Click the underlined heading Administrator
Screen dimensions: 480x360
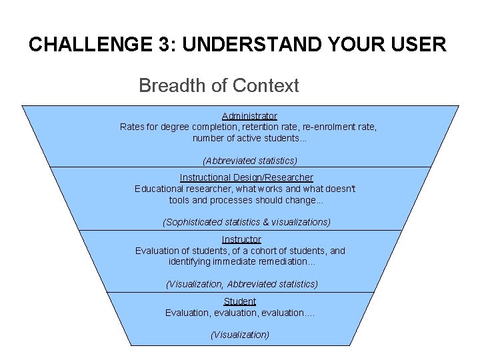249,116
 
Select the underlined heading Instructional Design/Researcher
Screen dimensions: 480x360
247,177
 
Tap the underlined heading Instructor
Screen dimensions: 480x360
241,239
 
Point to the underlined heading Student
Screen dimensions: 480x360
240,301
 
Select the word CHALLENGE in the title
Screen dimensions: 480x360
91,44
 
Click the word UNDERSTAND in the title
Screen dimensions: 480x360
252,44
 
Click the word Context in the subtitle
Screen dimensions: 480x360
265,85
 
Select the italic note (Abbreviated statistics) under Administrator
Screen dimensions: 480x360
250,161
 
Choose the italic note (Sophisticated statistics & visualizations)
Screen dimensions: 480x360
247,222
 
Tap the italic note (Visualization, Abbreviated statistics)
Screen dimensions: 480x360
242,284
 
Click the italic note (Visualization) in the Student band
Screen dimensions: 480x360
240,335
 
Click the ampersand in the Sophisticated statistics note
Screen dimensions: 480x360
266,222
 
